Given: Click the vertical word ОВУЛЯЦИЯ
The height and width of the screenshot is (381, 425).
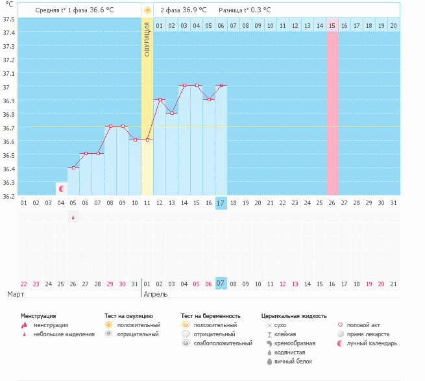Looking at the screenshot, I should (147, 40).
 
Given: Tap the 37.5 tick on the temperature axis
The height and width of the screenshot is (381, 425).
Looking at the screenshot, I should (10, 18).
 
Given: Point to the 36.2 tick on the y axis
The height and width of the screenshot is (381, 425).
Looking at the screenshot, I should (10, 195).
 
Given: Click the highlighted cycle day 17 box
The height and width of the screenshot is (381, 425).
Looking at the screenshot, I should (221, 203).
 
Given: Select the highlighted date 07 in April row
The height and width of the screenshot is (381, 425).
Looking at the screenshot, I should (221, 283).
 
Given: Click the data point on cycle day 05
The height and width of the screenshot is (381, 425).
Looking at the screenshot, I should (73, 167).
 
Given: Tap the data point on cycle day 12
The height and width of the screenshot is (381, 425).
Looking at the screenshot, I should (160, 99).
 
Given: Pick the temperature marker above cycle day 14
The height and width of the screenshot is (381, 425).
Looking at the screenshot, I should (184, 86).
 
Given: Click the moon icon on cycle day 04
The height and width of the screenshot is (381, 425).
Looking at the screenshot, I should (62, 189).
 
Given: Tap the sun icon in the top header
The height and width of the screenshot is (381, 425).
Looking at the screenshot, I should (147, 10).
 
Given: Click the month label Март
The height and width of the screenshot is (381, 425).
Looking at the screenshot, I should (17, 294).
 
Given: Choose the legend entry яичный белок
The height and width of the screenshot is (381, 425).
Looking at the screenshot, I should (293, 361).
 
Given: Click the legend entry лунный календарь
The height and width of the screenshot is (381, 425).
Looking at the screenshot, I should (372, 343).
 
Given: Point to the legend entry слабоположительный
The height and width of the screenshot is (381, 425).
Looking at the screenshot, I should (223, 343).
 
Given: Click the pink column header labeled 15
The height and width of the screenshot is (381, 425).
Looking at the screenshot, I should (332, 25).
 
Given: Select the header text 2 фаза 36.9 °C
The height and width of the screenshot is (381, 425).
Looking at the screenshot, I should (184, 10).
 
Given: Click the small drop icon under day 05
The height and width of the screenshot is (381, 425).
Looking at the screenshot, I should (73, 217).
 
